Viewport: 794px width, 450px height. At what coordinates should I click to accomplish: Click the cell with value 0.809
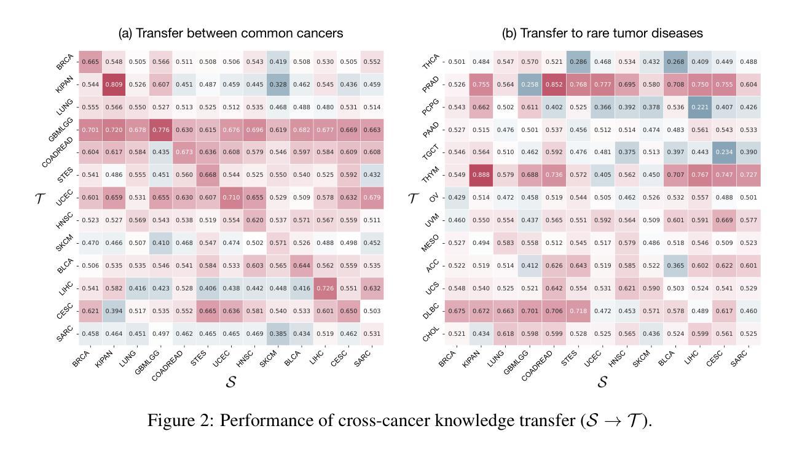114,85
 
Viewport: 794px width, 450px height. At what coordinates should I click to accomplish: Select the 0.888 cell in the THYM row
481,175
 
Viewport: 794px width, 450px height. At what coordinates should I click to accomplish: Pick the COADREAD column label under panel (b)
537,365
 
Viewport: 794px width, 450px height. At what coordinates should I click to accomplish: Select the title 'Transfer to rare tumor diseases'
602,33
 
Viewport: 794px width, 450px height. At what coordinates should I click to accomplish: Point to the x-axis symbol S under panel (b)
602,381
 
